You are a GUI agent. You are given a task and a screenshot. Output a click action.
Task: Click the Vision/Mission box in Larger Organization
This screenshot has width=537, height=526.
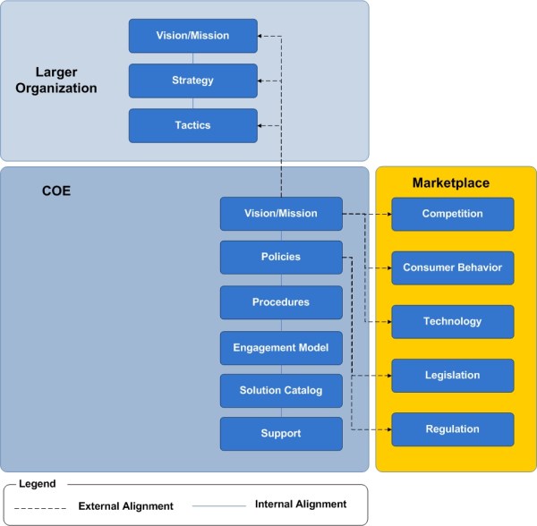click(192, 36)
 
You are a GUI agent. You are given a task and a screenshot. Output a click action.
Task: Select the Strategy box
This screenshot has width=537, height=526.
click(192, 81)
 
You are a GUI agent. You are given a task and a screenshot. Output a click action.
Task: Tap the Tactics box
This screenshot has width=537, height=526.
click(192, 125)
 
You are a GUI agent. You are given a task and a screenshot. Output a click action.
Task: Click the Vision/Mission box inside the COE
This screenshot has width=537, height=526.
click(281, 214)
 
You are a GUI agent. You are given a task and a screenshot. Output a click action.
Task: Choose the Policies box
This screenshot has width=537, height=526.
click(281, 258)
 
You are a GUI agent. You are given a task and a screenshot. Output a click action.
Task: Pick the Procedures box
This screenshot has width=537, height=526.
click(281, 302)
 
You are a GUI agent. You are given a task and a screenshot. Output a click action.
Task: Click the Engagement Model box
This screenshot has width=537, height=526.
click(281, 347)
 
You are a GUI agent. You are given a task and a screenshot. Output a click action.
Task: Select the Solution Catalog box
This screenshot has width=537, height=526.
click(281, 390)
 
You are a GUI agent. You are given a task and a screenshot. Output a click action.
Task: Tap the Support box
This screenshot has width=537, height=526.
click(281, 434)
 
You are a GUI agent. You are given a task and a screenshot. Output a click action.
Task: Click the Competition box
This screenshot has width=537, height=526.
click(452, 215)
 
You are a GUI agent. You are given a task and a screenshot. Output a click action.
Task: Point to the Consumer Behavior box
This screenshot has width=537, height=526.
click(452, 267)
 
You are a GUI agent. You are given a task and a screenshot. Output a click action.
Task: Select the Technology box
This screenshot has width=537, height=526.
click(452, 322)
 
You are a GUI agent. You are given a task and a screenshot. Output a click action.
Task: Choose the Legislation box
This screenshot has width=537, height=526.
click(452, 376)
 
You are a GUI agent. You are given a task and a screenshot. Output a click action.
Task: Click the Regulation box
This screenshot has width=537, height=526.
click(452, 429)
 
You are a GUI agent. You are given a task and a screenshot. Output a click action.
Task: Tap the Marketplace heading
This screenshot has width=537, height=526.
click(450, 183)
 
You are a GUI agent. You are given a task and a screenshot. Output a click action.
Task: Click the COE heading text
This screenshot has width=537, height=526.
click(56, 191)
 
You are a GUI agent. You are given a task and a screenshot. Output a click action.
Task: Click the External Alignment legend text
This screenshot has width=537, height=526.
click(125, 506)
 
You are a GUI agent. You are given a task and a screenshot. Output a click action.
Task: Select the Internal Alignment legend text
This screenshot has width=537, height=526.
click(300, 505)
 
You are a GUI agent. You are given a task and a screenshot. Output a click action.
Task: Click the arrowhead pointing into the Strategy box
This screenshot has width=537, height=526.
click(262, 81)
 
